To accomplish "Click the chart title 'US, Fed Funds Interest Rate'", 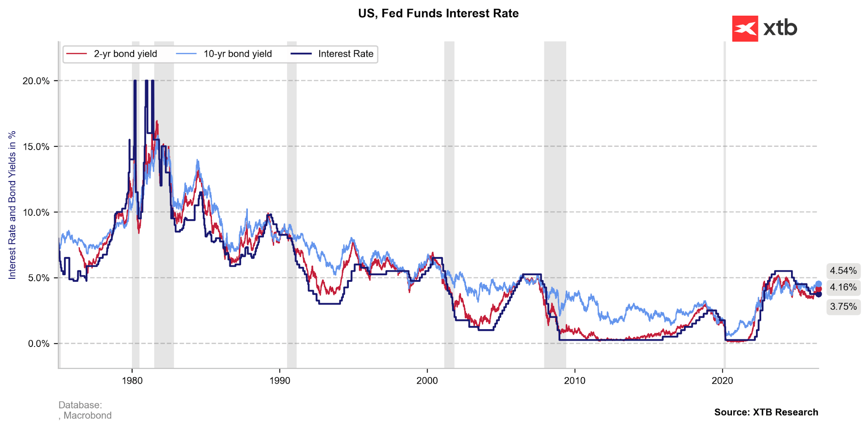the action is click(438, 14).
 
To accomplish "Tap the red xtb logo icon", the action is click(745, 28).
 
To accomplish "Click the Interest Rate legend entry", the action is click(332, 54).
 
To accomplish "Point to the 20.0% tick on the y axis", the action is click(36, 81).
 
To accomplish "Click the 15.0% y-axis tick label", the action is click(36, 147).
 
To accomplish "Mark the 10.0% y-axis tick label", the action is click(36, 212).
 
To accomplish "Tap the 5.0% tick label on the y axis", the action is click(38, 278).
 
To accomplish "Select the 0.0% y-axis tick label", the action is click(38, 344).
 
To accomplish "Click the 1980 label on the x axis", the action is click(132, 380).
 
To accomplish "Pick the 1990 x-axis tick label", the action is click(280, 380).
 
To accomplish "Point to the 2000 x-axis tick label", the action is click(427, 380).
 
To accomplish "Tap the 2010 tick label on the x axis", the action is click(575, 380).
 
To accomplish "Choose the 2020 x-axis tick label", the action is click(722, 380).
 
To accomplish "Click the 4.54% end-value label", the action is click(843, 271).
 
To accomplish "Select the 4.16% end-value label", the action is click(843, 287).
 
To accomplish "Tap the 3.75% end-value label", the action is click(843, 307).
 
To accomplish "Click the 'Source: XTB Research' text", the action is click(766, 412).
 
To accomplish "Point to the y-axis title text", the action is click(12, 205).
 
